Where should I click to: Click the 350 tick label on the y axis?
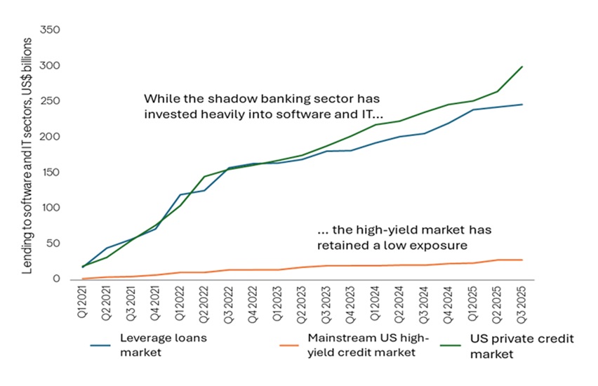[51, 30]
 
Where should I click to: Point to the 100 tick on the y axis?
[51, 208]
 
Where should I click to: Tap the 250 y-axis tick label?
[51, 102]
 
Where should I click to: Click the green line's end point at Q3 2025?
[522, 67]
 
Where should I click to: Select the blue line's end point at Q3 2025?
[522, 105]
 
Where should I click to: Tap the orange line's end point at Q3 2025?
[522, 260]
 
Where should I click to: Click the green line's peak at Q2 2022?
[204, 177]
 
